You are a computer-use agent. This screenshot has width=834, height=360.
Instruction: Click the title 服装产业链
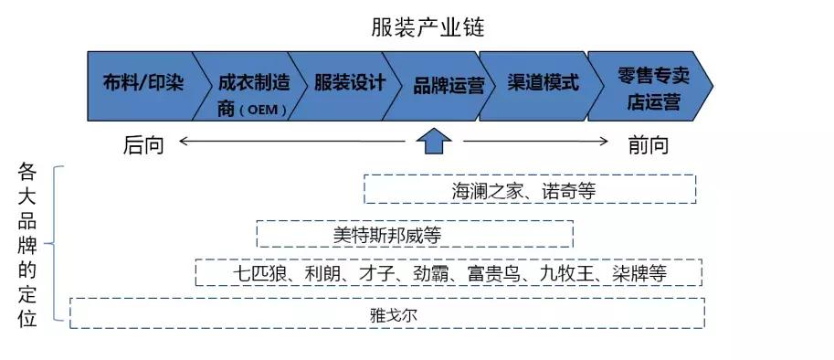pyautogui.click(x=428, y=27)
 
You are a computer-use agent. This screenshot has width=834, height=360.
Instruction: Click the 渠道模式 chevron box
pyautogui.click(x=543, y=84)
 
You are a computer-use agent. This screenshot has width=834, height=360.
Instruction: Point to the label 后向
pyautogui.click(x=143, y=144)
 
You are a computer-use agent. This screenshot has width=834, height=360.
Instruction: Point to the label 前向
pyautogui.click(x=648, y=144)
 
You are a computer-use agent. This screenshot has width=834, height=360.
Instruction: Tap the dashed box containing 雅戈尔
pyautogui.click(x=387, y=313)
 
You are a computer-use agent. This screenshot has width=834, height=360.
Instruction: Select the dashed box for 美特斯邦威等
pyautogui.click(x=414, y=234)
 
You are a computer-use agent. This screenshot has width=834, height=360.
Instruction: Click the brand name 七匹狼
pyautogui.click(x=257, y=273)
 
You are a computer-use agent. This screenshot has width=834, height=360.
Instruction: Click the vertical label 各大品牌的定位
pyautogui.click(x=27, y=247)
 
